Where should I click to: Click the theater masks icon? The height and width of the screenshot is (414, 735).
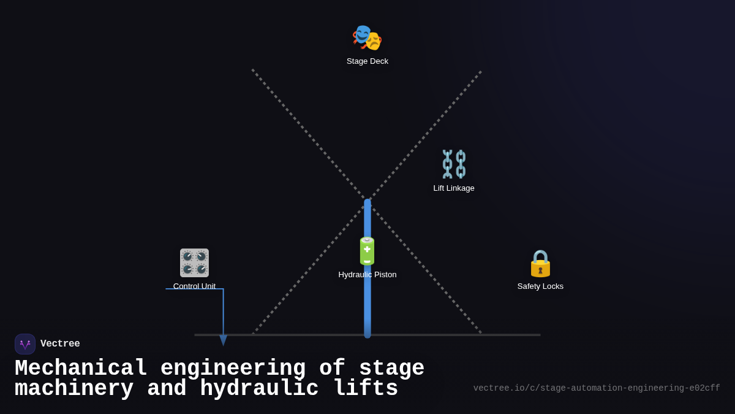(367, 37)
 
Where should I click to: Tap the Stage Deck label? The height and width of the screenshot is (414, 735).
(367, 61)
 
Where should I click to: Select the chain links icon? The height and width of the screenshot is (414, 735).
(454, 164)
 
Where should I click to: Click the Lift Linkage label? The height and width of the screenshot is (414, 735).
(454, 188)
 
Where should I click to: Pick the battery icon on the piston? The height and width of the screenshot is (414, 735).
(367, 251)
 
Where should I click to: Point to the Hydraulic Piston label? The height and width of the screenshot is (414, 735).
(367, 275)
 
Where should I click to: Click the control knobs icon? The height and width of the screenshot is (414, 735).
(194, 263)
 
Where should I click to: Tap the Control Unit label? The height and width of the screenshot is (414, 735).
(194, 286)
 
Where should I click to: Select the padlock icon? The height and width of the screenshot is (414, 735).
(540, 263)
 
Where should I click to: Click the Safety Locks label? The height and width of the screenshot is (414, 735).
(540, 286)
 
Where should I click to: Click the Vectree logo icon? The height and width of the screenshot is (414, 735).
(25, 344)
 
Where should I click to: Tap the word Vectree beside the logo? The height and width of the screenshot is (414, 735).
(60, 344)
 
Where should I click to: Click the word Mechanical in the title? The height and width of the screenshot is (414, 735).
(81, 369)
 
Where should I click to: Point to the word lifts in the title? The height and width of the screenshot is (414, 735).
(366, 389)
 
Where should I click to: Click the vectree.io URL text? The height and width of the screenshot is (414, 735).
(597, 388)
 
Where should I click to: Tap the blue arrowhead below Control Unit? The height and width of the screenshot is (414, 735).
(224, 340)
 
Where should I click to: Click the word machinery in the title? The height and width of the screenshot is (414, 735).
(74, 389)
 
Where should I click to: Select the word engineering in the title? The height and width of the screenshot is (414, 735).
(233, 369)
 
